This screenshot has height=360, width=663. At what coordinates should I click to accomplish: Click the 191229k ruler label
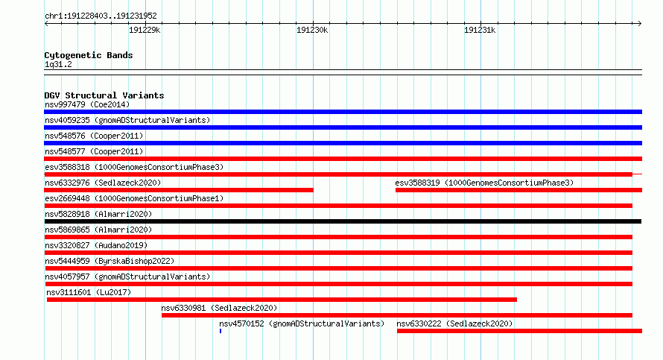click(x=145, y=30)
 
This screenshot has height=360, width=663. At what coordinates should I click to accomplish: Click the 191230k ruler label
click(x=312, y=30)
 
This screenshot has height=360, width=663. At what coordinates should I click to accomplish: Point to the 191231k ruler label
click(x=480, y=30)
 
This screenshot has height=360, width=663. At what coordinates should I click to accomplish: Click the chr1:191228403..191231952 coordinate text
click(x=101, y=16)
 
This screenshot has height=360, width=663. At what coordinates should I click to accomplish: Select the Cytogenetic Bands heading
click(x=89, y=55)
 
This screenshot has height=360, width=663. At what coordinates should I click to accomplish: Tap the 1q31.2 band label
click(x=58, y=64)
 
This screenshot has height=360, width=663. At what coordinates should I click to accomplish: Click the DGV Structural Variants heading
click(x=104, y=95)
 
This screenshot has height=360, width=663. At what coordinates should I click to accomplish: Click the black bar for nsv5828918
click(x=343, y=221)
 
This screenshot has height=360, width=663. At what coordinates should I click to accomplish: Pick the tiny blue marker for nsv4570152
click(x=221, y=331)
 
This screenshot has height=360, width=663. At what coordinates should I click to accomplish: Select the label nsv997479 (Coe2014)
click(x=87, y=104)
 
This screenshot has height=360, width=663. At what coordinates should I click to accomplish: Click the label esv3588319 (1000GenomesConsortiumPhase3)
click(x=484, y=183)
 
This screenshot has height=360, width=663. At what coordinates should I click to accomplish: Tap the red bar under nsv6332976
click(x=179, y=190)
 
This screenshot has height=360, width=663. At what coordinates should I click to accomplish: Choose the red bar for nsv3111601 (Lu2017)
click(x=282, y=300)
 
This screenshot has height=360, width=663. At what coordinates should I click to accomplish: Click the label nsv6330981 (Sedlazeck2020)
click(x=219, y=308)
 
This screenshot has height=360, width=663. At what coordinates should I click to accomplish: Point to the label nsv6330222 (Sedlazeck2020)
click(x=454, y=323)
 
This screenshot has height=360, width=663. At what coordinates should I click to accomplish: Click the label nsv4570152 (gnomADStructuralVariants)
click(x=302, y=323)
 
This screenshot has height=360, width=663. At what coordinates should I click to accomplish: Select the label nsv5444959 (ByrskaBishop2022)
click(x=110, y=261)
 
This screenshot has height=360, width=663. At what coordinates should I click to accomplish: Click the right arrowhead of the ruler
click(x=641, y=23)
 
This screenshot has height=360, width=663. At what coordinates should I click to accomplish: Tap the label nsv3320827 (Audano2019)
click(x=96, y=245)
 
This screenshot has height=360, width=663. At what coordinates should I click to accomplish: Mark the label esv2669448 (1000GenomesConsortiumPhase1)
click(x=134, y=198)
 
